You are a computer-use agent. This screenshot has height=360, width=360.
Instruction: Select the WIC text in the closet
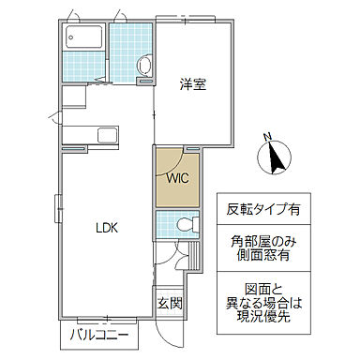coord(179,176)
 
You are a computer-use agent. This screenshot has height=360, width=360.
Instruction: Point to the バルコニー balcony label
coord(97,335)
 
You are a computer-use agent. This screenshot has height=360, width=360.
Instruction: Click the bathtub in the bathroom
coord(85,40)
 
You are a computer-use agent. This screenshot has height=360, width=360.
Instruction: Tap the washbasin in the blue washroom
coord(143,65)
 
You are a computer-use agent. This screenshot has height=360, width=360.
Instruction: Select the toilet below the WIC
coord(184,225)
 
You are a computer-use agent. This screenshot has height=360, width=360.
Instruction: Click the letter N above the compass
coord(268,136)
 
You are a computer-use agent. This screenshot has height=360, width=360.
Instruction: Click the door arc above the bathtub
coord(80,17)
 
